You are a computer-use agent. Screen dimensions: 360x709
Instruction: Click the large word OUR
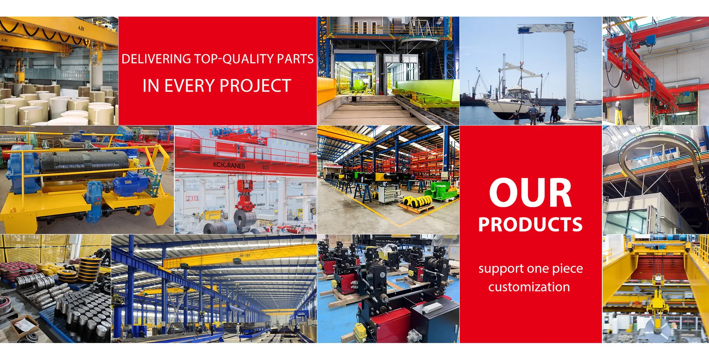tap(530, 193)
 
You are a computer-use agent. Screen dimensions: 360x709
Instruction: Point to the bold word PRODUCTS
tap(530, 224)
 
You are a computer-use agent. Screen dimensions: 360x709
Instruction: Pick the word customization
tap(529, 287)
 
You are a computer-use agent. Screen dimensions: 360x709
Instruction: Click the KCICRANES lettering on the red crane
tap(229, 165)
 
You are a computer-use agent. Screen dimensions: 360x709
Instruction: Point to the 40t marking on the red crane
tap(265, 167)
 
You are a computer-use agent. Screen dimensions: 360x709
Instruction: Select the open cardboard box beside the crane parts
tap(24, 325)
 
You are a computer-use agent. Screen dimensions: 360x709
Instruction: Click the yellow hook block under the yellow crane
tap(657, 303)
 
